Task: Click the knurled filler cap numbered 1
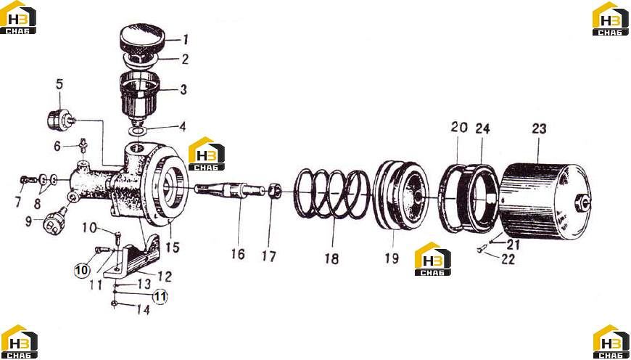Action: point(142,38)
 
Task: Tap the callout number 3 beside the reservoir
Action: point(183,89)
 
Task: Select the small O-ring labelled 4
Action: point(137,131)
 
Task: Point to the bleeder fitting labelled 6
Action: point(83,145)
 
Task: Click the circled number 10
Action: point(82,270)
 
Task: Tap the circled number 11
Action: point(160,297)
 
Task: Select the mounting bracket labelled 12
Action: point(132,255)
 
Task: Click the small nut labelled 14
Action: point(115,303)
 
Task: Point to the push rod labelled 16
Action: point(229,189)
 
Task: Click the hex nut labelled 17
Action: point(274,192)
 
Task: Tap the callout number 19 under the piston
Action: point(391,258)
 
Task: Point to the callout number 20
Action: point(459,127)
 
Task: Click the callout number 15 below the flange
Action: point(172,247)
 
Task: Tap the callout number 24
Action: point(482,128)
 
